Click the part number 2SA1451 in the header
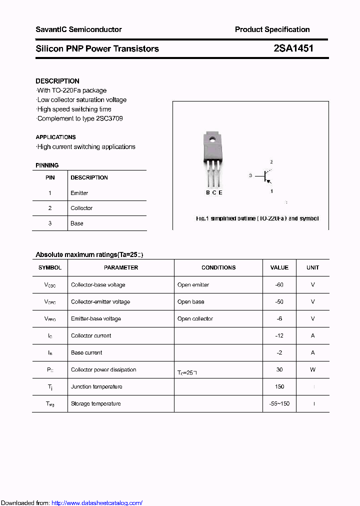[x=293, y=48]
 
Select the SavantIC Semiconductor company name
[x=78, y=29]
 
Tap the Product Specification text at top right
[x=272, y=29]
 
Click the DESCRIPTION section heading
[x=57, y=81]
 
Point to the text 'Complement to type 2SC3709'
[x=80, y=118]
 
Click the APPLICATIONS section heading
[x=55, y=137]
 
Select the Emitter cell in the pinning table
[x=79, y=193]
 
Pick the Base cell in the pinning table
[x=77, y=223]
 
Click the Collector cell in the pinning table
[x=81, y=208]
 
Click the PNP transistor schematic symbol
[x=265, y=176]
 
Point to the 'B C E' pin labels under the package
[x=214, y=192]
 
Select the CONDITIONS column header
[x=218, y=267]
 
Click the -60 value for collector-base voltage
[x=279, y=285]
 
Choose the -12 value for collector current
[x=279, y=336]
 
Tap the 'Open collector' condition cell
[x=195, y=319]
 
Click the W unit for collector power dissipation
[x=312, y=370]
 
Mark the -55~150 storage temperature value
[x=279, y=404]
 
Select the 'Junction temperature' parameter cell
[x=96, y=387]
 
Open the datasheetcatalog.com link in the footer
[x=97, y=503]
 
